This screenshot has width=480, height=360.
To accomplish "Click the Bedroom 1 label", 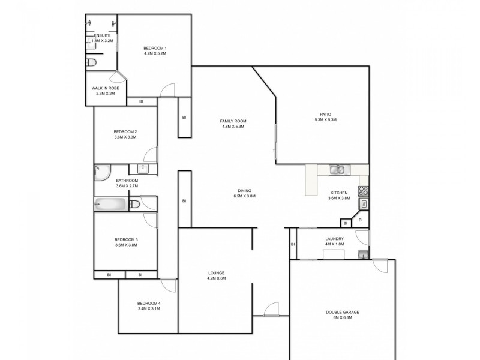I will click(155, 48).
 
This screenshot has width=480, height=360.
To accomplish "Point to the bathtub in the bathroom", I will click(111, 205).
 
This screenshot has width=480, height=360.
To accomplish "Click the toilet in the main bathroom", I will click(135, 205).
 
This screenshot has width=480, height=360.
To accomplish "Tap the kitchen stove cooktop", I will click(363, 191).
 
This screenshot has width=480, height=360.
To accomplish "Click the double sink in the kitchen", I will click(337, 170).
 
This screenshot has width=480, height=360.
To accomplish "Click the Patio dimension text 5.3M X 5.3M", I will click(325, 119).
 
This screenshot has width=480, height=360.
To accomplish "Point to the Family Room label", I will click(233, 121).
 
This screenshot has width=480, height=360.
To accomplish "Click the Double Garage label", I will click(343, 313).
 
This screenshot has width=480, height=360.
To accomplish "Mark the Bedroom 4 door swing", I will click(167, 286).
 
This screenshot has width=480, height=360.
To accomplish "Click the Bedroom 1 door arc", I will click(167, 89).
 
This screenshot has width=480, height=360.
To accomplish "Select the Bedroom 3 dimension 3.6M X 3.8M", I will click(126, 245).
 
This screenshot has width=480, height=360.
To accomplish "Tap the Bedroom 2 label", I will click(125, 132).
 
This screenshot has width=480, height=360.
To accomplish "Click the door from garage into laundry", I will click(379, 267).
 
